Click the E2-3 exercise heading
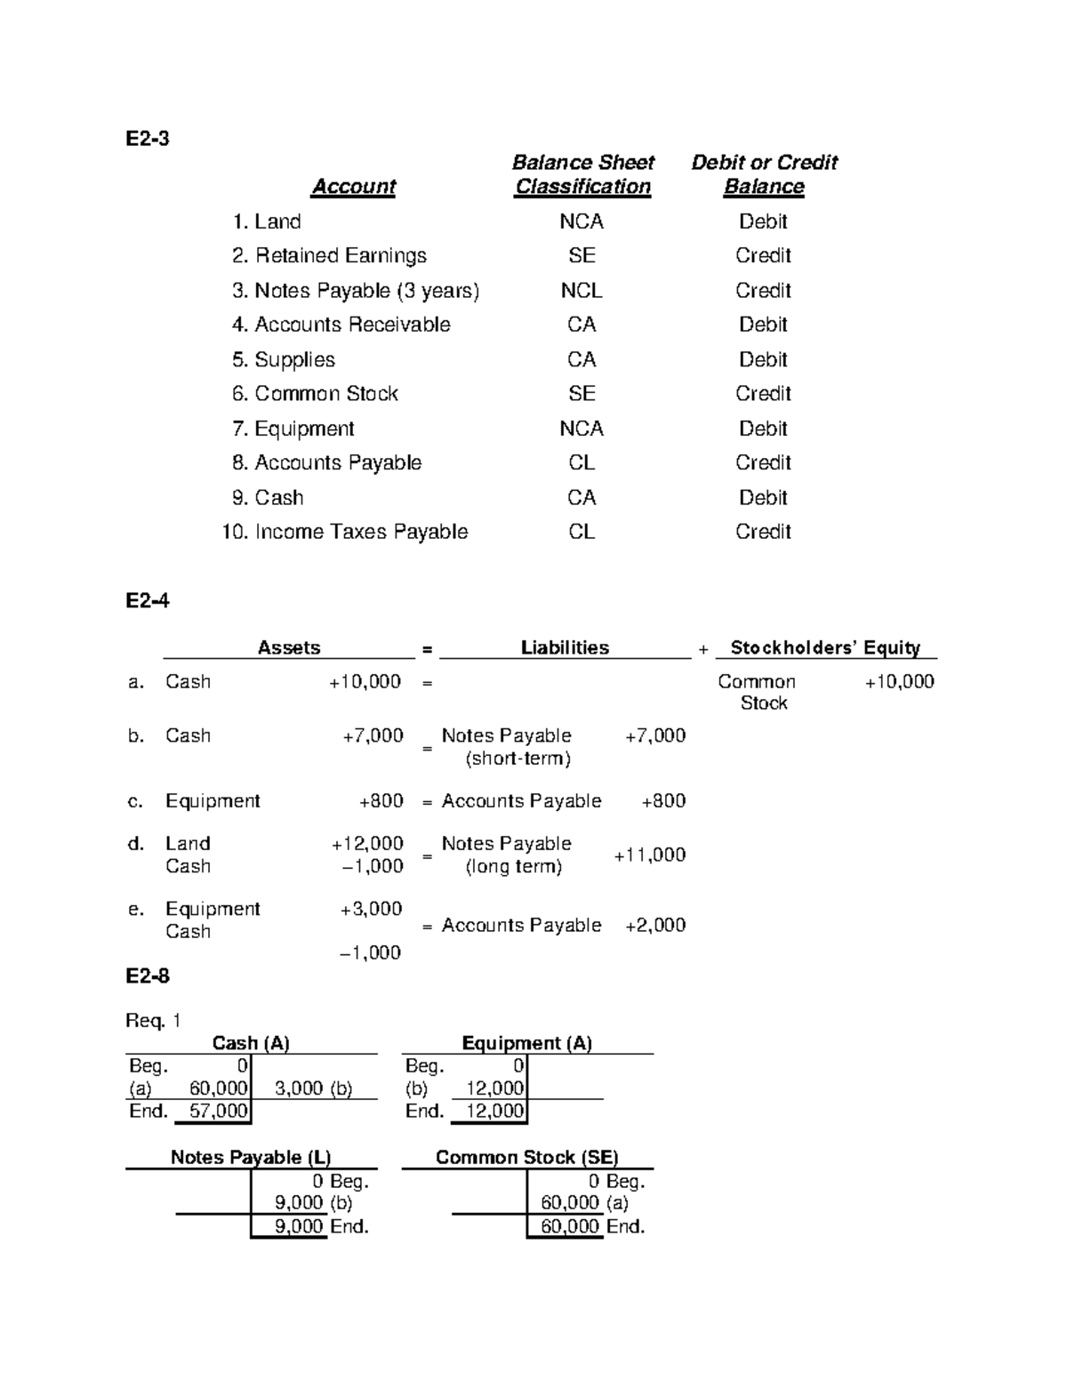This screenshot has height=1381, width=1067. [x=147, y=139]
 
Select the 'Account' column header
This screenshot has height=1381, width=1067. [x=353, y=187]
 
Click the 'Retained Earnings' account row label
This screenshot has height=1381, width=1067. [x=341, y=256]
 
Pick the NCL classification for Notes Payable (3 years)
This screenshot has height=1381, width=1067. [x=582, y=291]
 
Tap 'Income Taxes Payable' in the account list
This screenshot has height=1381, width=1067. [x=361, y=532]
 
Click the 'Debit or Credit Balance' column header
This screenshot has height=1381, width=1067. [x=764, y=174]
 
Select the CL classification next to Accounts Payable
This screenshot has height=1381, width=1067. [x=582, y=462]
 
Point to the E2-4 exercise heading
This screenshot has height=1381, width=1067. [x=147, y=601]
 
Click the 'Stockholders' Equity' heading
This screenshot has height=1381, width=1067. [x=825, y=647]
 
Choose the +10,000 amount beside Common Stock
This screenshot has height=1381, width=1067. [x=899, y=682]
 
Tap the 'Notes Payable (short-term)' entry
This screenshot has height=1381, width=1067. [x=507, y=747]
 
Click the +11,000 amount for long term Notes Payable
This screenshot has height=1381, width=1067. [x=649, y=855]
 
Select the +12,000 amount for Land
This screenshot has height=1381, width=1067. [x=367, y=843]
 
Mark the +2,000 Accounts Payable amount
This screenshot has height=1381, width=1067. [x=655, y=925]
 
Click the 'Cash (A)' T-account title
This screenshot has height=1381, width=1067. [x=251, y=1043]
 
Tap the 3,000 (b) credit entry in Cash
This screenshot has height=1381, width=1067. [x=314, y=1088]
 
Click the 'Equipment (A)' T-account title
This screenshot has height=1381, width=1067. [x=526, y=1043]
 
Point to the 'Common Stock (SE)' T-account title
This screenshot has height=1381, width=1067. [x=526, y=1157]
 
